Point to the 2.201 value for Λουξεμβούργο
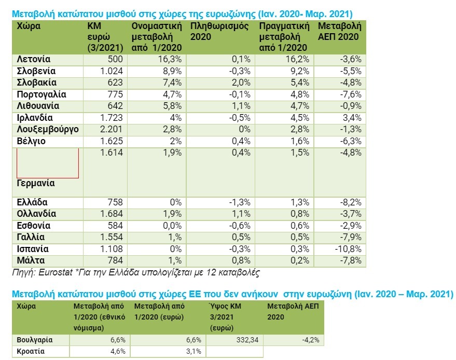click(110, 129)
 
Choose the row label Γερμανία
click(36, 184)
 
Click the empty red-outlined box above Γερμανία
click(47, 163)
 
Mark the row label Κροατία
click(31, 351)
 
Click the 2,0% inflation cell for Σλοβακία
click(241, 82)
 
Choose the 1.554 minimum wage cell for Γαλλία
click(112, 237)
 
